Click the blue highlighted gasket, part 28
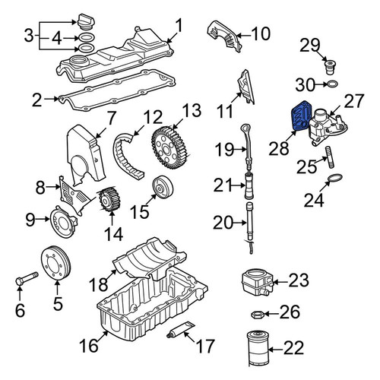pyautogui.click(x=301, y=116)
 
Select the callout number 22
pyautogui.click(x=293, y=348)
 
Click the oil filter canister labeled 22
pyautogui.click(x=258, y=349)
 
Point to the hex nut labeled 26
pyautogui.click(x=258, y=315)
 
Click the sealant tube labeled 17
pyautogui.click(x=181, y=330)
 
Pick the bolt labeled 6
pyautogui.click(x=26, y=279)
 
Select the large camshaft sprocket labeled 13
pyautogui.click(x=171, y=147)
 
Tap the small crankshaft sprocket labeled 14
pyautogui.click(x=109, y=199)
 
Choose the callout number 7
pyautogui.click(x=110, y=119)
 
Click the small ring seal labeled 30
pyautogui.click(x=332, y=84)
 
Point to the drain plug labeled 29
pyautogui.click(x=330, y=67)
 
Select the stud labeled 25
pyautogui.click(x=330, y=157)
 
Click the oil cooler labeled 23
pyautogui.click(x=258, y=282)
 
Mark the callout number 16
pyautogui.click(x=88, y=346)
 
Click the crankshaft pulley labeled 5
pyautogui.click(x=56, y=264)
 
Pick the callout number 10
pyautogui.click(x=261, y=33)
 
